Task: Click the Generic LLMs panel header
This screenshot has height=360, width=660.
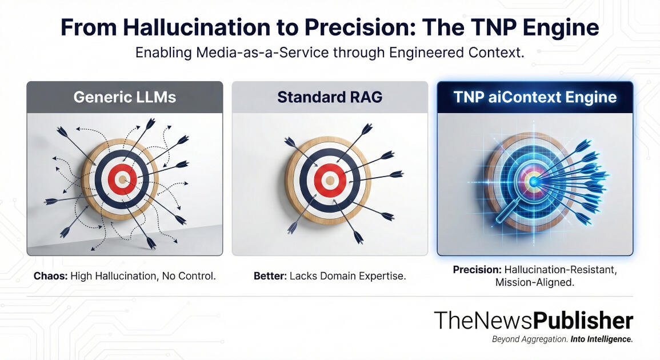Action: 125,97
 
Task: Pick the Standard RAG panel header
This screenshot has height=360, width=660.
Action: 329,97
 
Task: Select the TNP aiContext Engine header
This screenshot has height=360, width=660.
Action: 535,97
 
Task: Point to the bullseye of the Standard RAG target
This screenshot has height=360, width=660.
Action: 329,181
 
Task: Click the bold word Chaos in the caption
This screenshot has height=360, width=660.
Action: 50,276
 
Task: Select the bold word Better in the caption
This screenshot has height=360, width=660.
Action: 270,276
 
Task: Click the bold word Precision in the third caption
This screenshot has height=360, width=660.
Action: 477,269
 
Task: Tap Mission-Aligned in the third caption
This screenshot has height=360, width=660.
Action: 535,282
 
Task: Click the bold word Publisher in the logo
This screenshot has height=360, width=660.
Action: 583,321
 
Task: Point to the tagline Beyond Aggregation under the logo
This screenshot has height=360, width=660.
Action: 529,339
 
